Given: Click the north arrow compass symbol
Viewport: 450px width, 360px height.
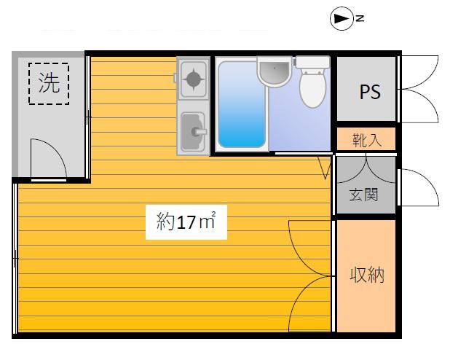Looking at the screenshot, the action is pos(342,19).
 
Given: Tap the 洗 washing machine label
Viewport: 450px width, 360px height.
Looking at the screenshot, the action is pos(49,82).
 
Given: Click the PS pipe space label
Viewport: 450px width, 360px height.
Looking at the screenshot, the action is pos(370,92).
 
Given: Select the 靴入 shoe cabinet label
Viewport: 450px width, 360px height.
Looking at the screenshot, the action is pos(367,140).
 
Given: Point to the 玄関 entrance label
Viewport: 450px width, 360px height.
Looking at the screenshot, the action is pos(363,195).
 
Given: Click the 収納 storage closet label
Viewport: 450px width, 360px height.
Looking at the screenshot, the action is pos(367,275).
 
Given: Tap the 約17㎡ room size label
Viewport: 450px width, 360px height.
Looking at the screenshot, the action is pos(186,222).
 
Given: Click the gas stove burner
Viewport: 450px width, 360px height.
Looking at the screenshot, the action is pos(193,79).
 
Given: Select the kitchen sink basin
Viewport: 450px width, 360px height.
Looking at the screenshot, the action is pos(193,132).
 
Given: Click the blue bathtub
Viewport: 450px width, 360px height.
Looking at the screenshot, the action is pos(242,104).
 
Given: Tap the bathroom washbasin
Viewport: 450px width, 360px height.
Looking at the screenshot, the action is pos(275,71).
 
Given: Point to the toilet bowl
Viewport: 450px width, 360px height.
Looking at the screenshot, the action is pos(313,87).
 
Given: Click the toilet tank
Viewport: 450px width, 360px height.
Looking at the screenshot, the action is pos(312,62).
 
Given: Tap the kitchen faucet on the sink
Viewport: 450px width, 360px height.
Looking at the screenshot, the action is pos(200,132).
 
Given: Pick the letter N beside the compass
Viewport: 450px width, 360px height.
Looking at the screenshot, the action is pos(360,19).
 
